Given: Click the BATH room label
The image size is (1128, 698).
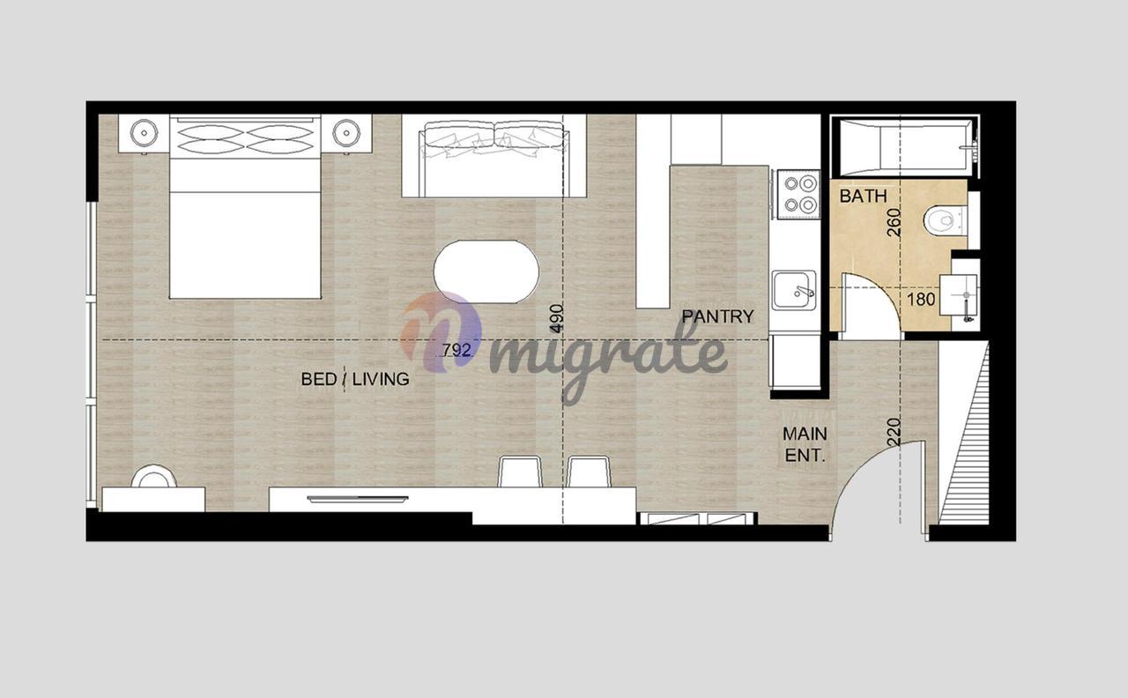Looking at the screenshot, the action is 863,196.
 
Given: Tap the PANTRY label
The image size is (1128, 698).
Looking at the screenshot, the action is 717,316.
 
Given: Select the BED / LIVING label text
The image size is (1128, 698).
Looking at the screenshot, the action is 355,379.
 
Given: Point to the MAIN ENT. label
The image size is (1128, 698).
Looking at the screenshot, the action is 805,445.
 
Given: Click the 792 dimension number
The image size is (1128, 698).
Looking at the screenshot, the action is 456,350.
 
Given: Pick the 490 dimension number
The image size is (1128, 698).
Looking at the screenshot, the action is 556,318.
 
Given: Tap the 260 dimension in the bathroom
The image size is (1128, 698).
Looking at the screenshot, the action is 894,222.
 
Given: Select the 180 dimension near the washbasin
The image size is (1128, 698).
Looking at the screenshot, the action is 921,300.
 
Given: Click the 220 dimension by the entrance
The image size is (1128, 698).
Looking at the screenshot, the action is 894,432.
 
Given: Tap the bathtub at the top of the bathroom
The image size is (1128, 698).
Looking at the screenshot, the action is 905,146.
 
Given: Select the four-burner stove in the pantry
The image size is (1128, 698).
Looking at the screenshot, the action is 799,195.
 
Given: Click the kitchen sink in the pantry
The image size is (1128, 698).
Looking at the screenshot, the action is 795,290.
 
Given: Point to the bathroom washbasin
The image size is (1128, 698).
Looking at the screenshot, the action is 959,295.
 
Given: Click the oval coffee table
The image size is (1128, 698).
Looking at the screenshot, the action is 486,272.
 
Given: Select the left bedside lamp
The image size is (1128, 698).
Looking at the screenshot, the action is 144,133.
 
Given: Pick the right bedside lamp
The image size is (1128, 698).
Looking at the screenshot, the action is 346,133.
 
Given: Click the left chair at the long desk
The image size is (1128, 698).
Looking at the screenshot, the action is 520,472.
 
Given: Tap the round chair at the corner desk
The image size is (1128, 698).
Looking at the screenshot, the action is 154,477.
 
